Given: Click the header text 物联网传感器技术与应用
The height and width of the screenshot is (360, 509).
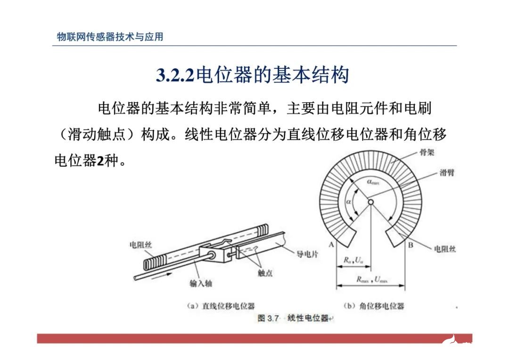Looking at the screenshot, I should [110, 37].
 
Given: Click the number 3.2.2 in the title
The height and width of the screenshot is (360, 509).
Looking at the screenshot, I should [175, 75].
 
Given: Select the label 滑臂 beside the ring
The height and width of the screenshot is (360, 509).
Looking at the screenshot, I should [447, 173].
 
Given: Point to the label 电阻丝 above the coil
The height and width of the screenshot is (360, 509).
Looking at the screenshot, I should [140, 245].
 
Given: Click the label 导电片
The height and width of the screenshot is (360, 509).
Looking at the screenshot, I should [307, 254].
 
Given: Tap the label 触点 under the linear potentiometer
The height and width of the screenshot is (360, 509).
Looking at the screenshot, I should [265, 273].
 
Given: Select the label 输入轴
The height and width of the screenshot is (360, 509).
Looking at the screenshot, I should [201, 284].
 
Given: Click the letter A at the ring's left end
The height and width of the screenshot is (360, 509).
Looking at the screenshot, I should [331, 245].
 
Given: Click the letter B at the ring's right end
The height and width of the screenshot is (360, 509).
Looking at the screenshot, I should [410, 245].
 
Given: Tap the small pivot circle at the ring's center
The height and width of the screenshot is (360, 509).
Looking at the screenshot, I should [370, 202].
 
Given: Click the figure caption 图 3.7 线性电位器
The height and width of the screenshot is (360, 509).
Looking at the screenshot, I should [293, 318].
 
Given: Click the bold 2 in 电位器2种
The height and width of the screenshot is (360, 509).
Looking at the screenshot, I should [99, 161].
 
